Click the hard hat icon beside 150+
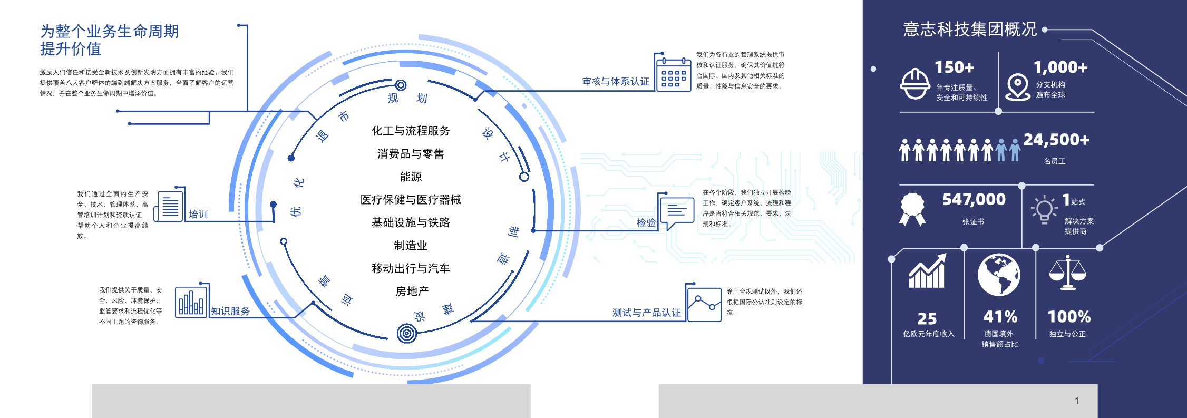914,84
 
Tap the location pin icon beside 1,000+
1018,87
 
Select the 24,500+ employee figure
1056,140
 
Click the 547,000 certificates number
974,199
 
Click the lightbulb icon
1044,209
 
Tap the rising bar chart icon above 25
927,271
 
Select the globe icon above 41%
999,275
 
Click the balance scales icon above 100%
1067,272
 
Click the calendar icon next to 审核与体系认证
674,75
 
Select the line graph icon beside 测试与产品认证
704,305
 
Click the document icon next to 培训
169,206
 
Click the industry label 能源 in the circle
411,177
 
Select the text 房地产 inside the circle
412,291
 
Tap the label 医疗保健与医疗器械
411,199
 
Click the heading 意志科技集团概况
970,29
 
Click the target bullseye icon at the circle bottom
406,333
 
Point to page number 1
1077,401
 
